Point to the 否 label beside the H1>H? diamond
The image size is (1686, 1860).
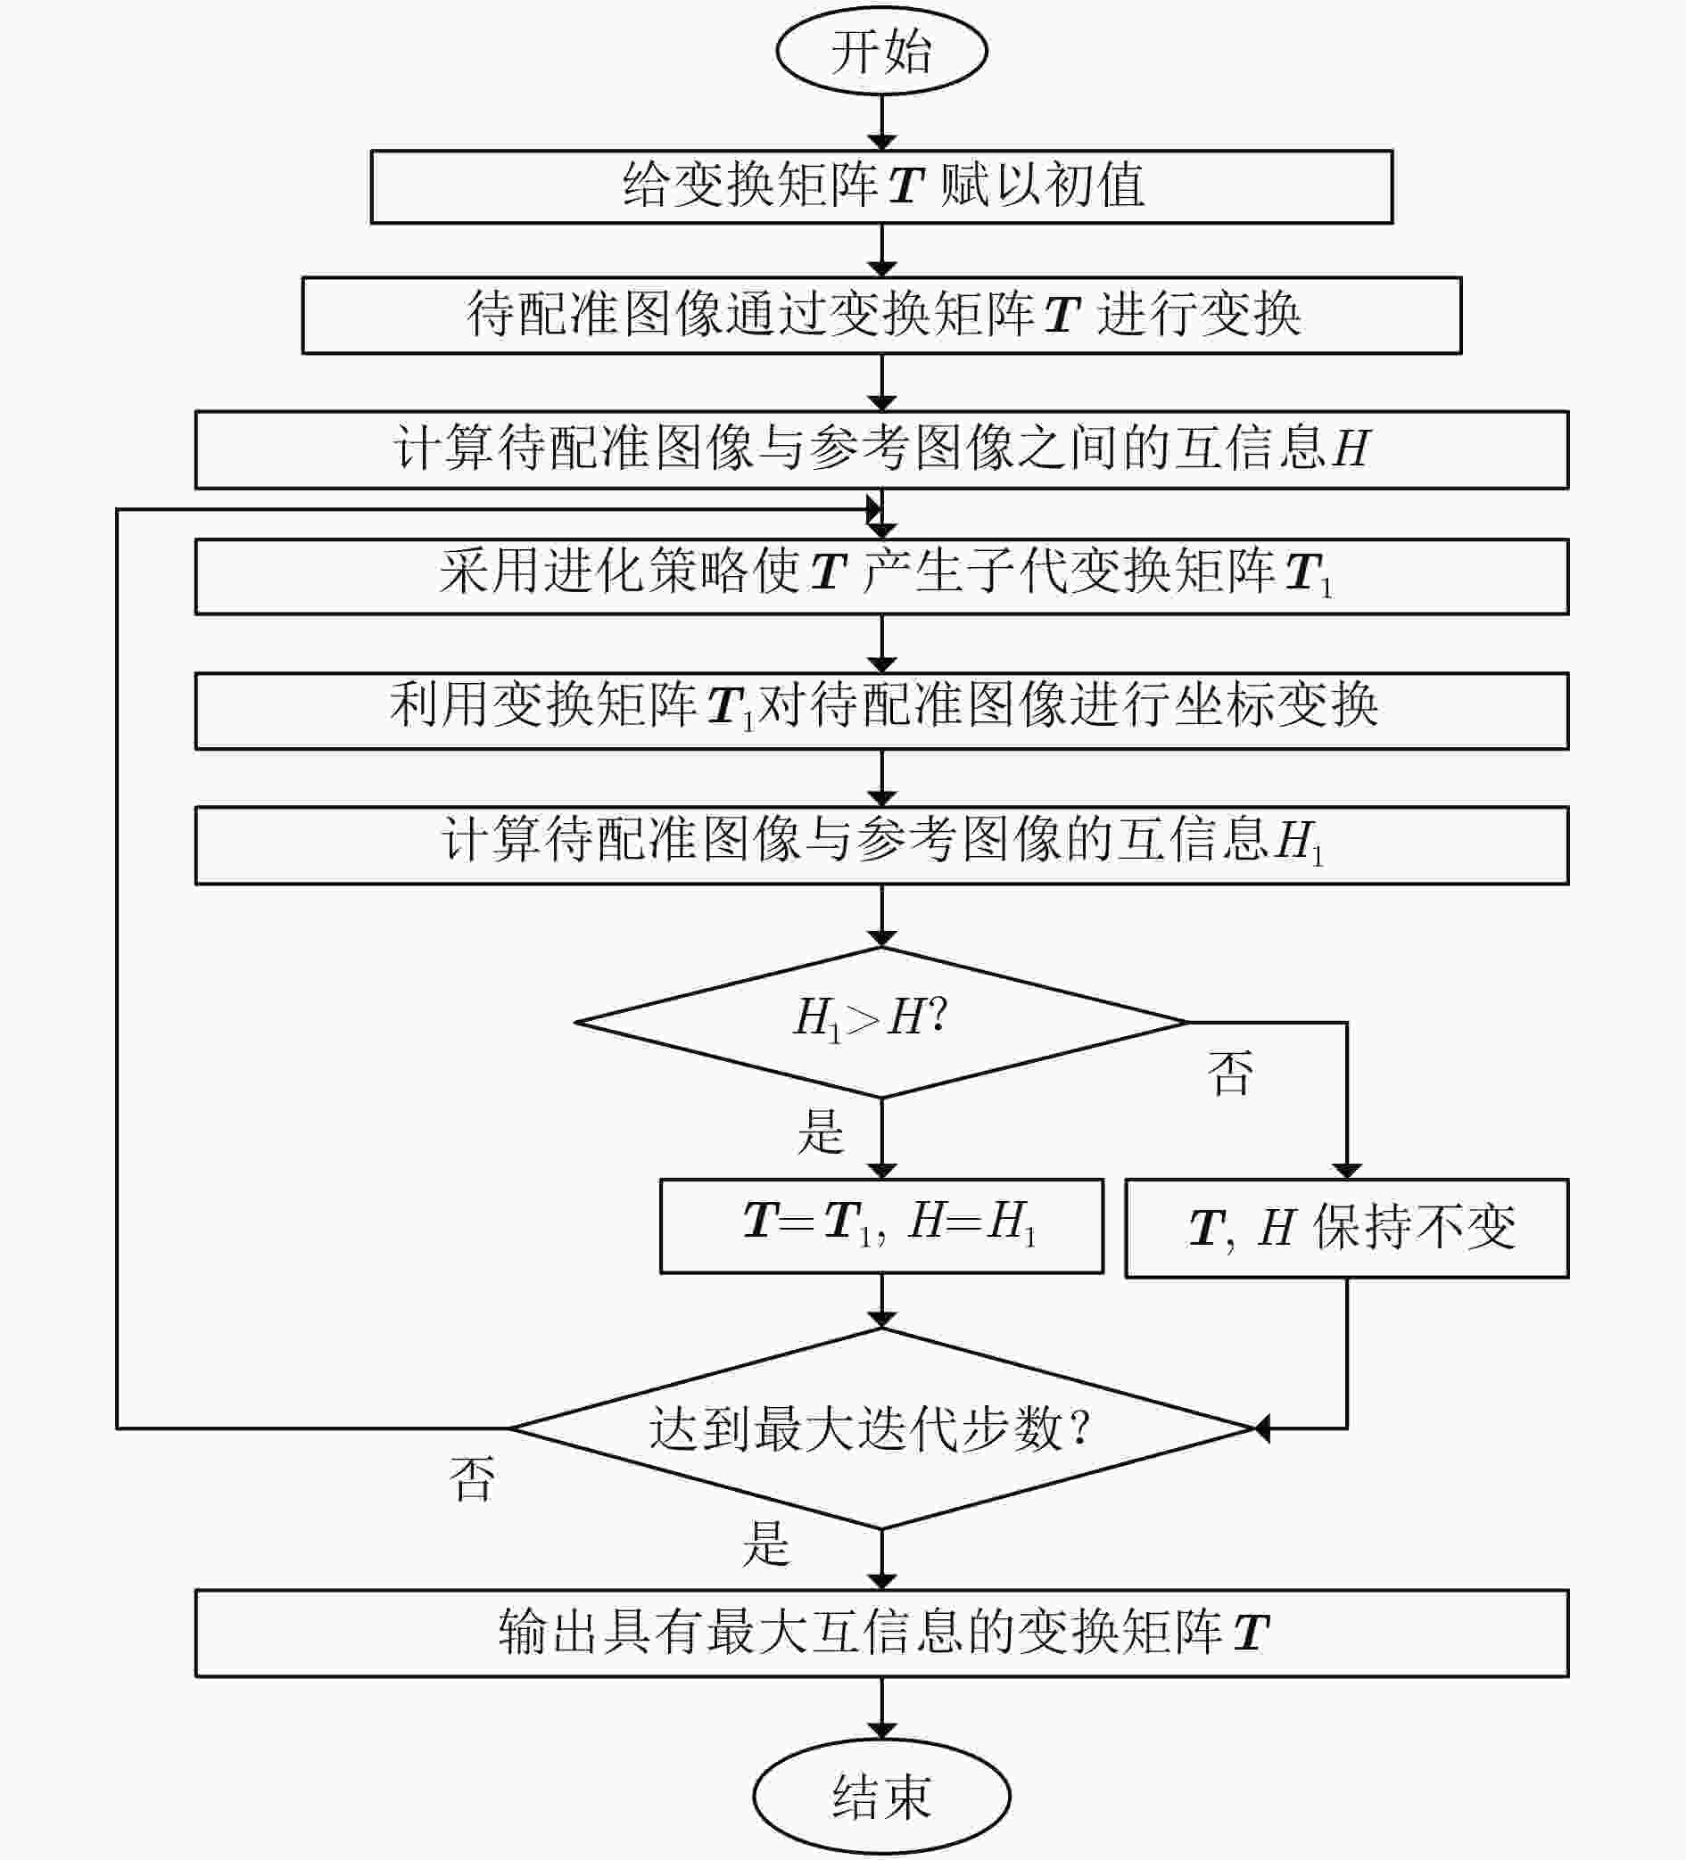coord(1230,1073)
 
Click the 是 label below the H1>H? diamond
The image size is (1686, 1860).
coord(821,1132)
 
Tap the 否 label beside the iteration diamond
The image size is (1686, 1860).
coord(472,1479)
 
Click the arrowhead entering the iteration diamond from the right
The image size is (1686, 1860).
coord(1261,1428)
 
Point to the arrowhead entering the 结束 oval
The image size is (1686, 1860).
coord(881,1731)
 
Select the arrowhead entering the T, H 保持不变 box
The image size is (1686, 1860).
coord(1346,1171)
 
